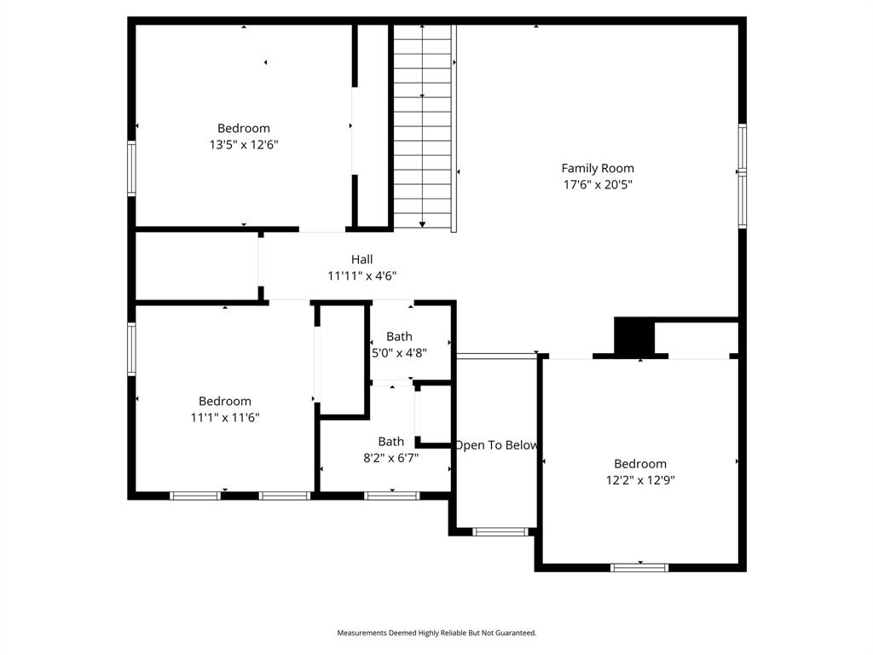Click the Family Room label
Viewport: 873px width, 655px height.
click(x=597, y=168)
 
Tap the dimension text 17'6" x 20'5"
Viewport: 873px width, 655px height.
click(x=597, y=184)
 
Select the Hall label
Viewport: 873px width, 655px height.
click(x=361, y=259)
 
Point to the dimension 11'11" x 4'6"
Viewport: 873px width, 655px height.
click(x=361, y=275)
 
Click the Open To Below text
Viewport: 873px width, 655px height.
click(x=496, y=445)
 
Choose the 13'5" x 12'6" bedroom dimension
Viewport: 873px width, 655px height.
click(x=244, y=145)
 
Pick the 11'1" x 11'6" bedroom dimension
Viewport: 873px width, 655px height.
click(x=225, y=418)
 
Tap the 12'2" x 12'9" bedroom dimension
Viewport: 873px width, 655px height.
click(x=640, y=480)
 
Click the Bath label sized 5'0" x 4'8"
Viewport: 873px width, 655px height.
click(x=399, y=336)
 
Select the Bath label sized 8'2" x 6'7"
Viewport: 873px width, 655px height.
click(x=391, y=441)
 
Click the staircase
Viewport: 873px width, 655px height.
click(x=422, y=128)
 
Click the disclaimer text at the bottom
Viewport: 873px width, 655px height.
click(x=436, y=633)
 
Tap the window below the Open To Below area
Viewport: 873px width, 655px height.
click(x=500, y=532)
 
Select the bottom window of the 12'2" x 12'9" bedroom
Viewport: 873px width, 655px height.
click(x=639, y=566)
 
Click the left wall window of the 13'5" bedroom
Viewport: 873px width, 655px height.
click(x=132, y=168)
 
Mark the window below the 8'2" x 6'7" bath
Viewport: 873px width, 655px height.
click(x=391, y=495)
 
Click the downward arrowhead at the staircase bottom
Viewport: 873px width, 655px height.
click(x=422, y=224)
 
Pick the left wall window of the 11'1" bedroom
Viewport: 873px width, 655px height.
click(x=132, y=348)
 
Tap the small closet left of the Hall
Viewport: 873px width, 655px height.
click(x=196, y=265)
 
